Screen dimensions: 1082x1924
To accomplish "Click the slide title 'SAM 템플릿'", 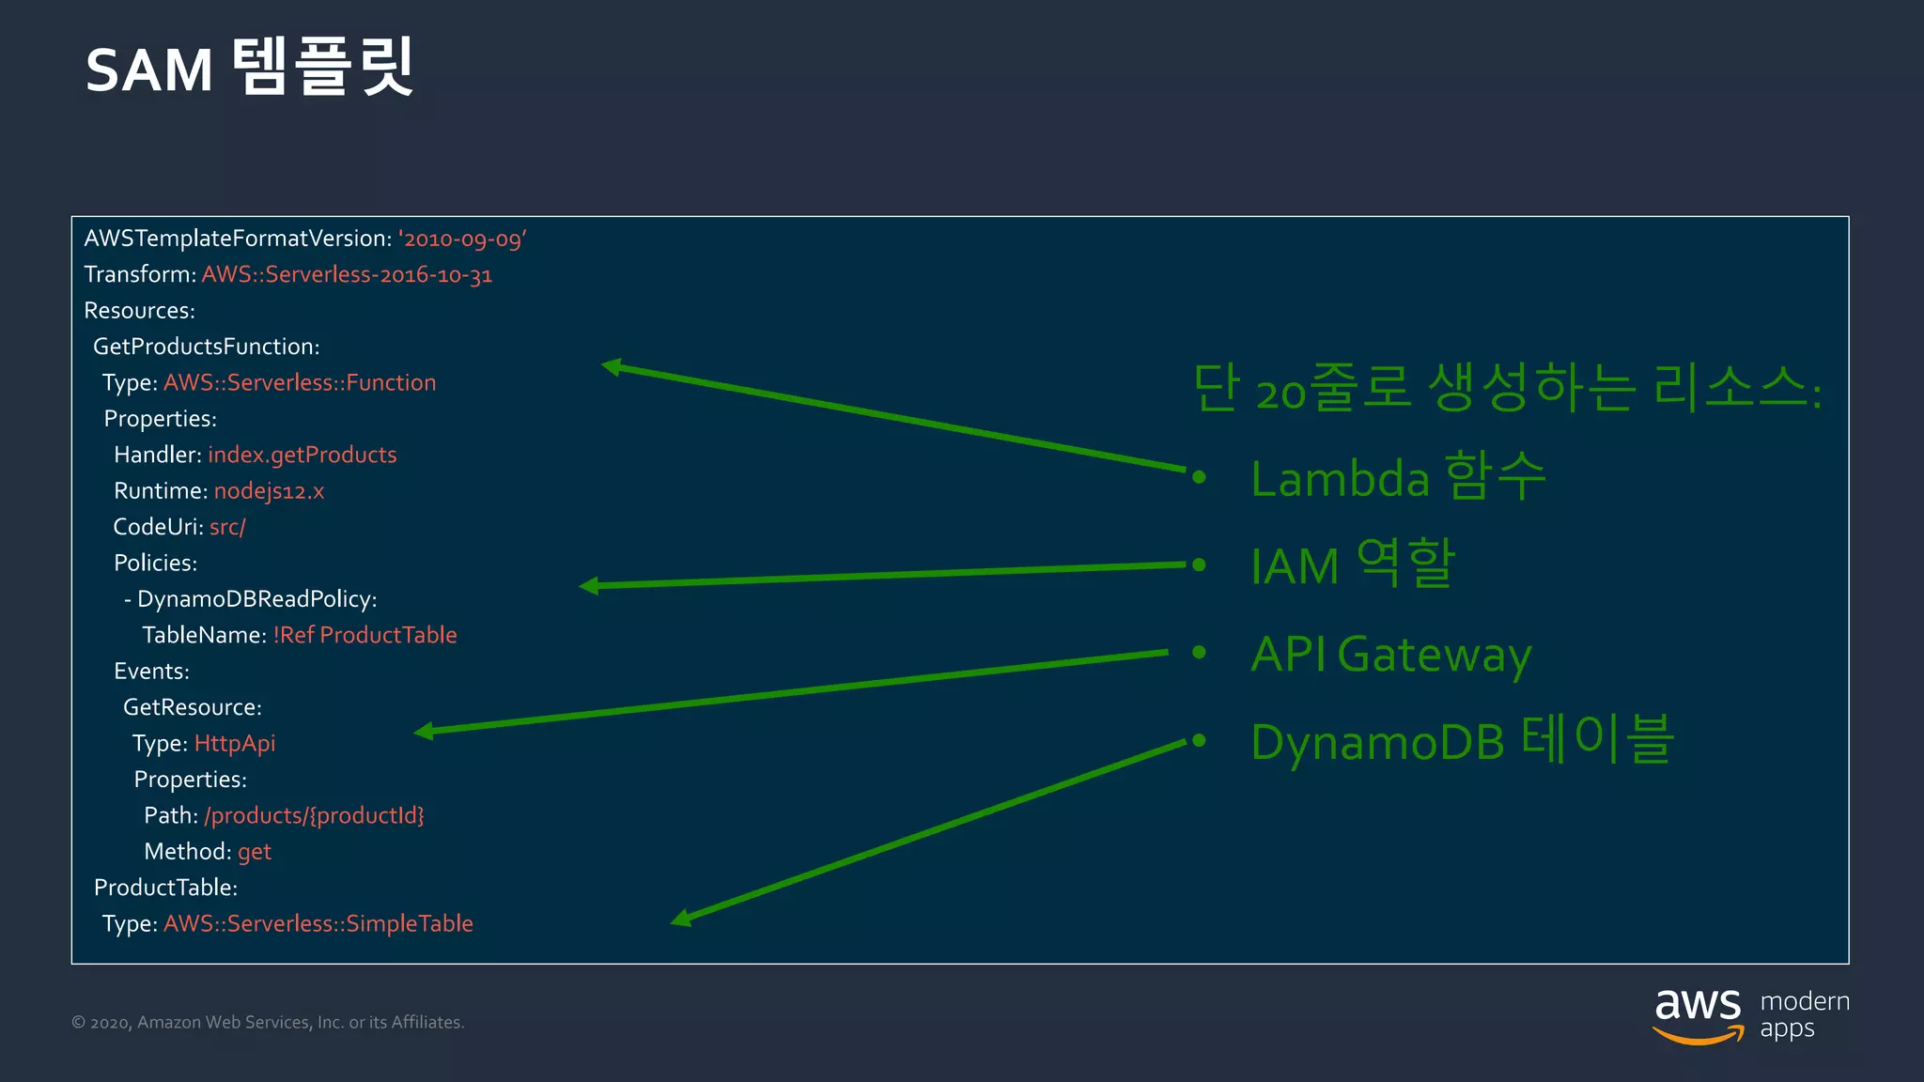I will coord(249,69).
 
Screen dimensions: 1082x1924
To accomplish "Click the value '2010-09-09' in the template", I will coord(462,239).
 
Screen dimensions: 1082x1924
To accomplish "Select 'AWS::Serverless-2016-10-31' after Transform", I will coord(347,274).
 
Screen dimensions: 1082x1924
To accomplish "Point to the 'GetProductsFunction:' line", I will coord(207,347).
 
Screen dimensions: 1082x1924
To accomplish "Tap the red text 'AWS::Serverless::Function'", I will coord(300,382).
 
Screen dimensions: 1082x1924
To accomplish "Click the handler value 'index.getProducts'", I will coord(302,455).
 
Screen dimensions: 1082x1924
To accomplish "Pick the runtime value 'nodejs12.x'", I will coord(269,491).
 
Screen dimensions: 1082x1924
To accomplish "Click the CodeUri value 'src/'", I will coord(227,527).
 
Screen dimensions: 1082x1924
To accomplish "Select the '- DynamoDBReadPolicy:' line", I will coord(251,599).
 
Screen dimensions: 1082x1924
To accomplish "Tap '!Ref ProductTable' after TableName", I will coord(365,635).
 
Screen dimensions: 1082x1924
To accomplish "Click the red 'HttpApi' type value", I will coord(235,744).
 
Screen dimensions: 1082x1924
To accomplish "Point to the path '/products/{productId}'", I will coord(314,815).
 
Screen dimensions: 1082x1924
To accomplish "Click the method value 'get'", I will coord(254,852).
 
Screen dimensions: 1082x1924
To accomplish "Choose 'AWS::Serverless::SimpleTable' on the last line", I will coord(318,923).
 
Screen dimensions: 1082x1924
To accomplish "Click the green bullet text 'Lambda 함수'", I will coord(1398,477).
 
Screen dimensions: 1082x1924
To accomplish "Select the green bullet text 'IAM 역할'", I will coord(1353,565).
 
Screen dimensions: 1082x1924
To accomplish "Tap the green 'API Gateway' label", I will coord(1391,654).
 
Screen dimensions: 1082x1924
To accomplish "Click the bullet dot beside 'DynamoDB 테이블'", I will coord(1199,741).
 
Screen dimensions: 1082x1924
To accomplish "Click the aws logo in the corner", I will coord(1698,1015).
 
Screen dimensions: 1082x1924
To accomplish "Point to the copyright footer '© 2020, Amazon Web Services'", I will coord(268,1022).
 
